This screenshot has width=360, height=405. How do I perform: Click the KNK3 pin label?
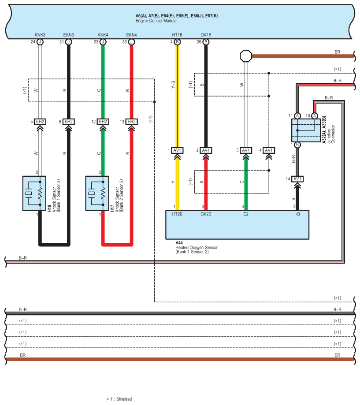pos(40,35)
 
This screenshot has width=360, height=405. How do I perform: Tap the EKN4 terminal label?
pos(131,35)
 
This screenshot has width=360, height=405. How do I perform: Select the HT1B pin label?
pos(177,35)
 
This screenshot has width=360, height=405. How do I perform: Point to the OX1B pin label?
pos(206,35)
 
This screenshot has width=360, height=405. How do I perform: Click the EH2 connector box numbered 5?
pos(40,122)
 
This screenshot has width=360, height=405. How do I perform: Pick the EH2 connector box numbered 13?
pos(131,122)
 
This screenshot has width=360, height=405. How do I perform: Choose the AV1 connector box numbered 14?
pos(297,178)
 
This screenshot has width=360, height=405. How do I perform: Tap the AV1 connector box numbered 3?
pos(246,150)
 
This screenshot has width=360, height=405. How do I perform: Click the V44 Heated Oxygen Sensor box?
pos(237,225)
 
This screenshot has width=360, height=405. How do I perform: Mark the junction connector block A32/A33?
pos(305,130)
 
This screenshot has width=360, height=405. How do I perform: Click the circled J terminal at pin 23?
pos(103,42)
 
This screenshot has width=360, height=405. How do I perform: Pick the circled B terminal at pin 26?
pos(206,42)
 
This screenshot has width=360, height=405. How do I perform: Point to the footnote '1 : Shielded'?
pos(119,399)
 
